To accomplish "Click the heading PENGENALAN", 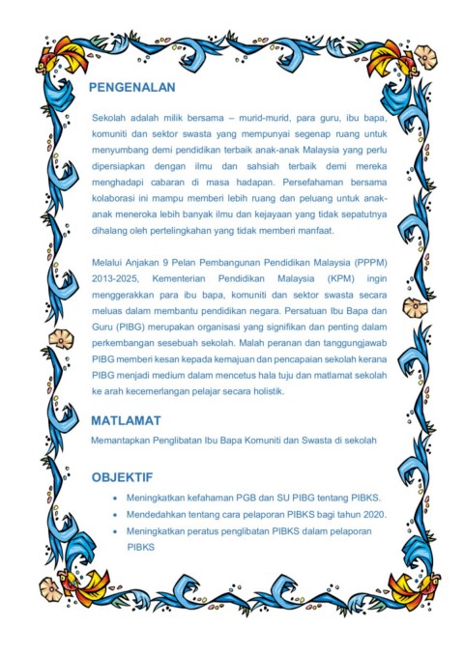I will tap(131, 88).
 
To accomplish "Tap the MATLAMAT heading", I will tap(126, 421).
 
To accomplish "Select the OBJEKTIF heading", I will tap(122, 477).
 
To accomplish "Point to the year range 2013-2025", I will tap(114, 278).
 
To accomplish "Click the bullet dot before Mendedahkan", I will tap(116, 514).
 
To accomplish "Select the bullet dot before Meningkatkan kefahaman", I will tap(116, 498).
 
